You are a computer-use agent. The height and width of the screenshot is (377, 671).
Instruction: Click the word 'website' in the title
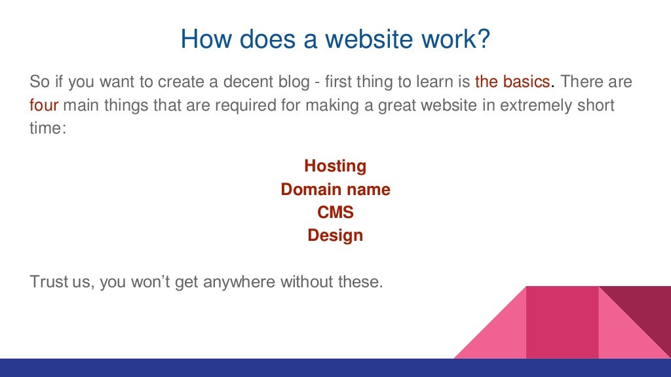click(x=372, y=39)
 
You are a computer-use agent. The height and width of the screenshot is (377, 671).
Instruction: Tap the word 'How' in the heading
click(x=204, y=39)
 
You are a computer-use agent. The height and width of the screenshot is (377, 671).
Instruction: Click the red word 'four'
click(x=45, y=105)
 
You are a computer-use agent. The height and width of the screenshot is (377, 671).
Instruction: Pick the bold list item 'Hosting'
click(x=335, y=166)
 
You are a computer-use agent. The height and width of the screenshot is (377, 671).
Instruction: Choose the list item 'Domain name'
click(x=335, y=190)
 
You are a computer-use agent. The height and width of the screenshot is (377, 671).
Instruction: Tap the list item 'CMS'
click(x=335, y=213)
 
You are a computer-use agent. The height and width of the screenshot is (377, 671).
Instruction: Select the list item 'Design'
click(x=335, y=236)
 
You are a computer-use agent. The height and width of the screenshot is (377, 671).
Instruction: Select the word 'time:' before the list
click(x=48, y=128)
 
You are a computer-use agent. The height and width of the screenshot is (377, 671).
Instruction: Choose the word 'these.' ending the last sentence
click(x=360, y=283)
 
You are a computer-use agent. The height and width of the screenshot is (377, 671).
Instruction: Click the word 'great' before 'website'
click(x=398, y=105)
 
